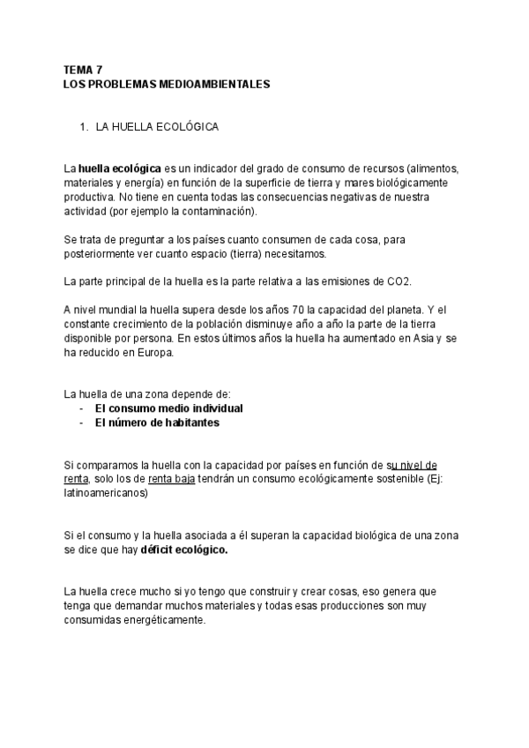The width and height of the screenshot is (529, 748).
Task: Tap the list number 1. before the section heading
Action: tap(85, 128)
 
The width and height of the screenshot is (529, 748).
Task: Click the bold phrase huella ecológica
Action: tap(119, 167)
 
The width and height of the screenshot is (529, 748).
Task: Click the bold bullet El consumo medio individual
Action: tap(168, 408)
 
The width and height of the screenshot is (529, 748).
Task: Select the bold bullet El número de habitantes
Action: tap(157, 423)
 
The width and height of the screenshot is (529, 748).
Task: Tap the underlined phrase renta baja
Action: tap(172, 479)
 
